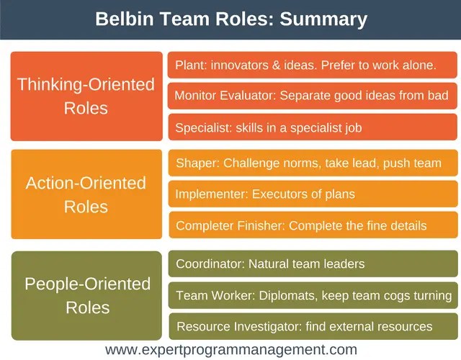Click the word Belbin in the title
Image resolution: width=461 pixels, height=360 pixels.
click(124, 19)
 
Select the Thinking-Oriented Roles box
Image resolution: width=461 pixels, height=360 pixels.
click(86, 96)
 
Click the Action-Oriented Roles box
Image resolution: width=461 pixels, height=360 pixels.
click(86, 194)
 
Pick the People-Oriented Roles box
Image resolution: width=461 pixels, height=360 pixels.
click(86, 294)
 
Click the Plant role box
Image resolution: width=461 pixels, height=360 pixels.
click(312, 65)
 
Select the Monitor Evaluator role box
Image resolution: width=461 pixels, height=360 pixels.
click(312, 96)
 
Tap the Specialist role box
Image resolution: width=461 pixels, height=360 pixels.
click(312, 127)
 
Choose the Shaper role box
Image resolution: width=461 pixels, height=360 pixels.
click(312, 163)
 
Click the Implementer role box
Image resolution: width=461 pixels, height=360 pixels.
click(312, 194)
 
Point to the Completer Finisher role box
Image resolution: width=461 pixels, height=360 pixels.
click(312, 225)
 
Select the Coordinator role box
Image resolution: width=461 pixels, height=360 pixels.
click(312, 264)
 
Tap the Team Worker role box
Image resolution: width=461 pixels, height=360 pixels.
click(312, 295)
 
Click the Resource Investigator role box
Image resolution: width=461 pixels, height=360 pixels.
click(312, 326)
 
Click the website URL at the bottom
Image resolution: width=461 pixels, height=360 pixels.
click(230, 350)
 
